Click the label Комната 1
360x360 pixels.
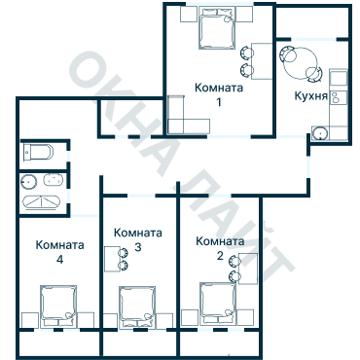[219, 94]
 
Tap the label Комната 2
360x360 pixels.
[220, 248]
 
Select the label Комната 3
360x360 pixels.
[138, 239]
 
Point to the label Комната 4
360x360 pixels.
[59, 252]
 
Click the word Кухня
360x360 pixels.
[310, 96]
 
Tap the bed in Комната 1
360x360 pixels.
[217, 28]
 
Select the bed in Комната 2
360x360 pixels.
[218, 304]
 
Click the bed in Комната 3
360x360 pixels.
[137, 307]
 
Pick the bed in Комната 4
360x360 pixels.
[58, 306]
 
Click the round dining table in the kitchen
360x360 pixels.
[301, 62]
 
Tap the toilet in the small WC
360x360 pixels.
[38, 153]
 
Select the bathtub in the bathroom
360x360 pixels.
[42, 202]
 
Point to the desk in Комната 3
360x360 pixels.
[112, 259]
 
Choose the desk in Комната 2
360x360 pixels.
[248, 269]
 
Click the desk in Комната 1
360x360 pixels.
[262, 61]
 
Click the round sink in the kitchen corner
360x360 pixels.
[320, 133]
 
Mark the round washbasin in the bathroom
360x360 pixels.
[29, 182]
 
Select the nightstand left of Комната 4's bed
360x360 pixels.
[30, 320]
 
